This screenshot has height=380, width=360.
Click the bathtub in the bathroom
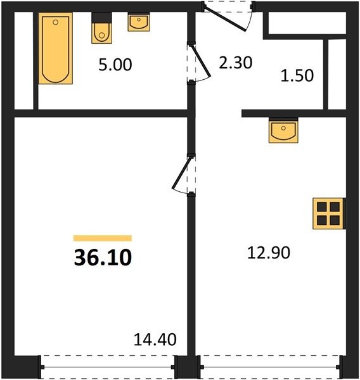56,49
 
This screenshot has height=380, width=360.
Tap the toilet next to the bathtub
101,28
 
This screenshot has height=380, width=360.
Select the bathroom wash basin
139,22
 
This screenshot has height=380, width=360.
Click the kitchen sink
283,130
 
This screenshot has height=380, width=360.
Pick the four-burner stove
329,213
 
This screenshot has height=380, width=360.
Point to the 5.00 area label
115,65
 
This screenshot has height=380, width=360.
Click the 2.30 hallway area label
236,63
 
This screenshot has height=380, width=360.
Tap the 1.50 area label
297,75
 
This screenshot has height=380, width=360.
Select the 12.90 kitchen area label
269,253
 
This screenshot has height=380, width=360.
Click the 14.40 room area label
155,339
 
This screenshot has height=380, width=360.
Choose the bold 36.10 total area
103,257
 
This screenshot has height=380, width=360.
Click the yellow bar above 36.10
103,238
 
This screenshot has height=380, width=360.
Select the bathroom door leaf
201,61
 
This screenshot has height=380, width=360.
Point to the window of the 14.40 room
108,367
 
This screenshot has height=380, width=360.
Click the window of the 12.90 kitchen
271,367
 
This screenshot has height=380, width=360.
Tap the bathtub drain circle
56,22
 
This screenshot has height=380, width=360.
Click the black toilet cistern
101,18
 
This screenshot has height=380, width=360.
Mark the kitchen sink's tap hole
283,128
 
